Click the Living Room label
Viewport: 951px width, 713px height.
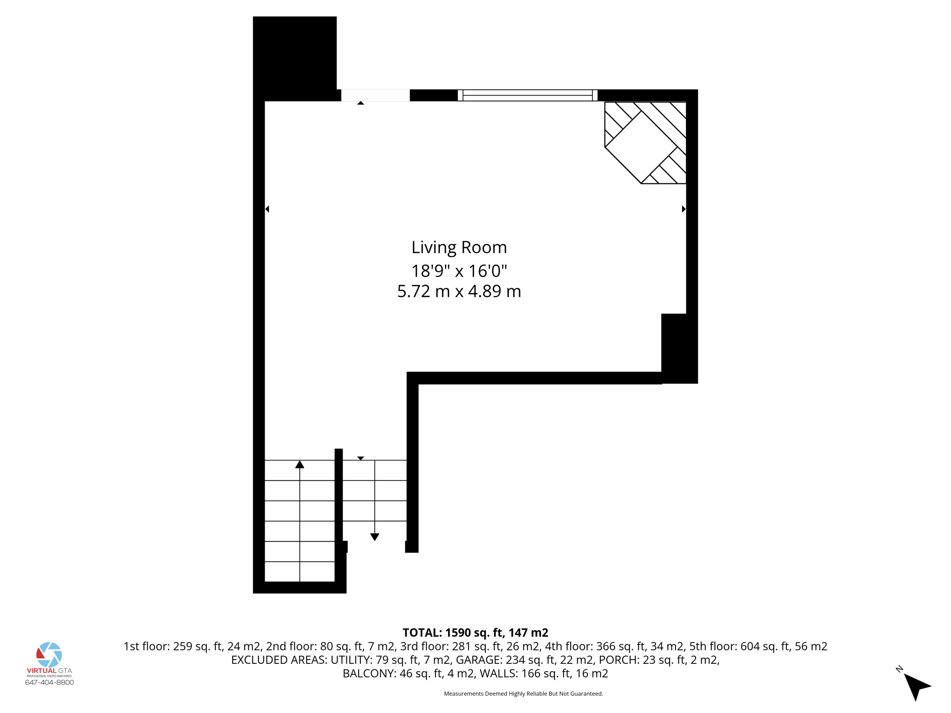pyautogui.click(x=459, y=247)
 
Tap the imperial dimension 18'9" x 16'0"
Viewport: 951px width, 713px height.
pyautogui.click(x=459, y=270)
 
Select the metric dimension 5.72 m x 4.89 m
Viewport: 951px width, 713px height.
pyautogui.click(x=459, y=292)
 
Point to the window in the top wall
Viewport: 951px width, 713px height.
pyautogui.click(x=527, y=95)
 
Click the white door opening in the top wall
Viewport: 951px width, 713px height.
pyautogui.click(x=375, y=95)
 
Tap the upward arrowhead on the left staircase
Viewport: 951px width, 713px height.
pyautogui.click(x=300, y=464)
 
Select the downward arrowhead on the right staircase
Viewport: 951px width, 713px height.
pyautogui.click(x=375, y=537)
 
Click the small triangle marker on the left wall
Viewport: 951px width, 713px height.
pyautogui.click(x=267, y=209)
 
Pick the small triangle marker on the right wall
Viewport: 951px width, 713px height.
pyautogui.click(x=684, y=209)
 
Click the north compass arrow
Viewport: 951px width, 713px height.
pyautogui.click(x=916, y=686)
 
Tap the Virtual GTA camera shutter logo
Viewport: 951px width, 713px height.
pyautogui.click(x=49, y=655)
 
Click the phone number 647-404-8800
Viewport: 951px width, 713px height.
pyautogui.click(x=49, y=682)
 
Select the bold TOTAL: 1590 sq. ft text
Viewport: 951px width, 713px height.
pyautogui.click(x=475, y=633)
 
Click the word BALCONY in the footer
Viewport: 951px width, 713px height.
pyautogui.click(x=369, y=674)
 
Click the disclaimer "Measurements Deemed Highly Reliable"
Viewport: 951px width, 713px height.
pyautogui.click(x=523, y=694)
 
